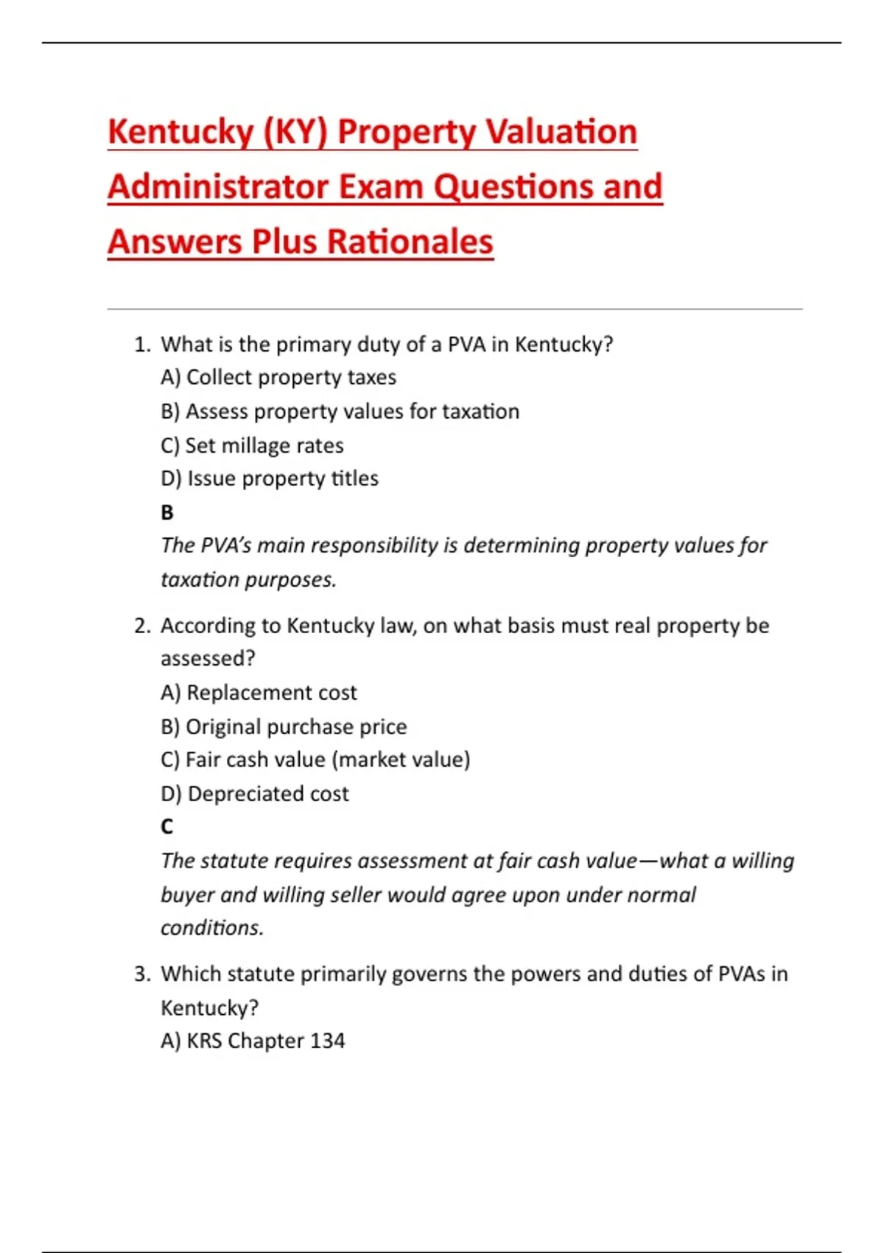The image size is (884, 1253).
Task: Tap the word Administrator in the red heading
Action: click(x=218, y=186)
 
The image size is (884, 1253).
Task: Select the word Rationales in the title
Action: click(x=410, y=242)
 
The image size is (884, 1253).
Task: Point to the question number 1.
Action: click(x=142, y=344)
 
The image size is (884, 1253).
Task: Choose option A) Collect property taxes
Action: click(x=278, y=377)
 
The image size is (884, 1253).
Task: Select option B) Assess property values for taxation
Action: click(x=340, y=411)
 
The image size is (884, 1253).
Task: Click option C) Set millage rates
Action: click(x=252, y=445)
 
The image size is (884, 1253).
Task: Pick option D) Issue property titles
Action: click(x=269, y=478)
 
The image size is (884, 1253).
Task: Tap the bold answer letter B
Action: click(x=167, y=512)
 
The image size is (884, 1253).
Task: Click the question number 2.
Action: click(x=142, y=626)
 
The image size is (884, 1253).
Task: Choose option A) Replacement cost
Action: click(x=259, y=693)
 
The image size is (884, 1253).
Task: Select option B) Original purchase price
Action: click(x=284, y=727)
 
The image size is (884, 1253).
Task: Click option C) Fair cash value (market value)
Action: click(x=315, y=760)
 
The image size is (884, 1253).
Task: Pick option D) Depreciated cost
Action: click(x=255, y=794)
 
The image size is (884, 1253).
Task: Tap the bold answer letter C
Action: click(x=167, y=827)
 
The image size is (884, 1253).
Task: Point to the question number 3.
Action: click(x=142, y=974)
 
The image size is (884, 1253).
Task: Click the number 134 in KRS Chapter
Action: click(x=327, y=1041)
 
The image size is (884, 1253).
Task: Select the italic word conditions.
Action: click(x=212, y=927)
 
